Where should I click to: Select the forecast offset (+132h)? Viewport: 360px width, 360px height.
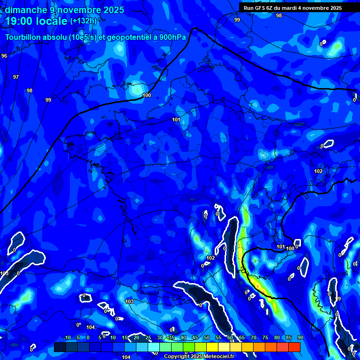pyautogui.click(x=83, y=21)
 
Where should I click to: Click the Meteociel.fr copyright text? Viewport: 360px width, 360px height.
pyautogui.click(x=199, y=357)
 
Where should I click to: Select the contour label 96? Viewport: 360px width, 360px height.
pyautogui.click(x=4, y=56)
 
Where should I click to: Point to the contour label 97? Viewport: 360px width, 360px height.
pyautogui.click(x=16, y=77)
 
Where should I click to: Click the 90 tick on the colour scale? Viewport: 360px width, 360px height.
pyautogui.click(x=300, y=338)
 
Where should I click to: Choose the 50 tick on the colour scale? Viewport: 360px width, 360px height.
pyautogui.click(x=207, y=338)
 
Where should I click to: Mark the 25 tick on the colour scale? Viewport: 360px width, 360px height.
pyautogui.click(x=148, y=338)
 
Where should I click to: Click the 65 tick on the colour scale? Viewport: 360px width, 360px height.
pyautogui.click(x=242, y=338)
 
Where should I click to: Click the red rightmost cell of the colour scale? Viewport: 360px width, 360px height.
pyautogui.click(x=294, y=347)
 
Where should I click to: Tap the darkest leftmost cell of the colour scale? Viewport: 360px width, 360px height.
pyautogui.click(x=60, y=347)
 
